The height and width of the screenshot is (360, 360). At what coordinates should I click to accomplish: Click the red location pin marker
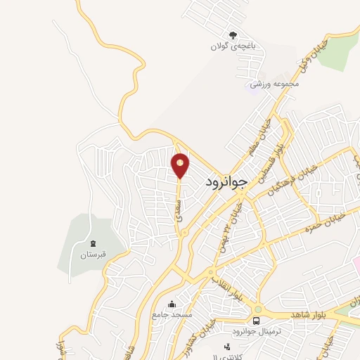181,165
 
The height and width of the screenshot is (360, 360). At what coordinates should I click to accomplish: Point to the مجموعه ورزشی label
276,84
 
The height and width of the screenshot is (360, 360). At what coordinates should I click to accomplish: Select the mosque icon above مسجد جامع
172,304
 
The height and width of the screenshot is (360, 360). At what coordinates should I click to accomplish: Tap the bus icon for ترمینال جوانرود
256,321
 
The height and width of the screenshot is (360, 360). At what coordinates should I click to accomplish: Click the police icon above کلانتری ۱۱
226,347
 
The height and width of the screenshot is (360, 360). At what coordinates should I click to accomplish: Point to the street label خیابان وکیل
299,54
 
